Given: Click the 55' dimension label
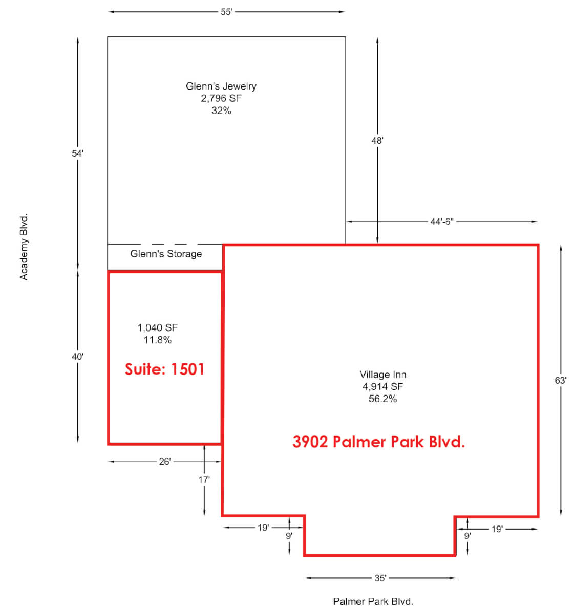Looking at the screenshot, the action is (226, 12).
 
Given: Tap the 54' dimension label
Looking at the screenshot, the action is (78, 153).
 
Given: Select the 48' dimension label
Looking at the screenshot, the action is (377, 141).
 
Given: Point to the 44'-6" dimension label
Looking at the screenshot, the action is (441, 222).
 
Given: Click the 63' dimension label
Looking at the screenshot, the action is (561, 380).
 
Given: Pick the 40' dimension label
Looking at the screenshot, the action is (78, 357).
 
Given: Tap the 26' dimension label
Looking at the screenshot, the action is (165, 462).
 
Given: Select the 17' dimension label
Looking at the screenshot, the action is (204, 479).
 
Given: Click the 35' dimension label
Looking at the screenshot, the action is (380, 578).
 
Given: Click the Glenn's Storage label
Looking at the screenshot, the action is (166, 254).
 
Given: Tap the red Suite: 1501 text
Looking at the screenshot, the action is (165, 369).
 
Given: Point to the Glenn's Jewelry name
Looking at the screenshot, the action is (221, 86).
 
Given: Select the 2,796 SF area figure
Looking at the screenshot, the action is (221, 98).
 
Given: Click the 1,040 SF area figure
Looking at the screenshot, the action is (158, 327).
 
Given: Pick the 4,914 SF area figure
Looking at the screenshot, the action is (383, 386).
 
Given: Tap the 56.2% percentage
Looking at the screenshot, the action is (383, 399).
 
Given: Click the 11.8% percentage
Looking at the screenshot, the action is (158, 340).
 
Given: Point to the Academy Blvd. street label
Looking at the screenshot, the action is (24, 247).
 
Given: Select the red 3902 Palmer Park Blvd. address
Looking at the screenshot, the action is (379, 442).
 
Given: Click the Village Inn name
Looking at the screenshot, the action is (383, 375).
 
